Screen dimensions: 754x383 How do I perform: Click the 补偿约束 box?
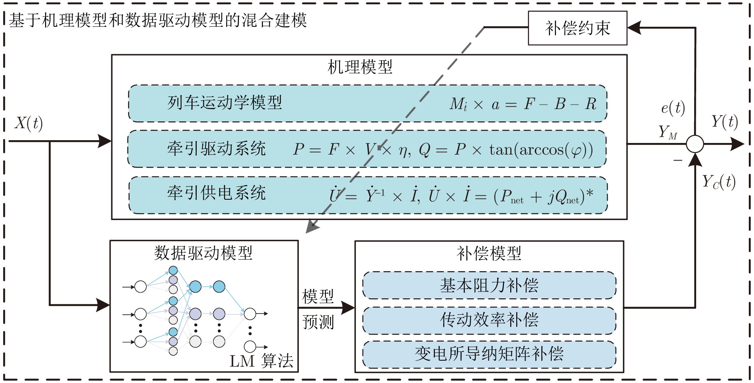point(577,28)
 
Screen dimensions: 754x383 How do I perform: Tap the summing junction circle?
point(695,144)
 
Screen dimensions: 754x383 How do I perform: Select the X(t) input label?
point(29,123)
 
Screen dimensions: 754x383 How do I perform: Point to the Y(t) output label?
point(724,121)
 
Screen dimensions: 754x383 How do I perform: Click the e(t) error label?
point(673,108)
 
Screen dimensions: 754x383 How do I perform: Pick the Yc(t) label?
point(718,182)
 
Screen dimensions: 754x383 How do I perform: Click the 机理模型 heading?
point(360,67)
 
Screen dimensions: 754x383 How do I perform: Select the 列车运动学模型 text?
point(225,103)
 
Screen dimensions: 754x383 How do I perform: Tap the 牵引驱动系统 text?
point(216,149)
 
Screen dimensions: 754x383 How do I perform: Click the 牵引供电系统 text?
point(216,193)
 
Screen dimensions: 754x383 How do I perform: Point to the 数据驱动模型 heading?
point(203,253)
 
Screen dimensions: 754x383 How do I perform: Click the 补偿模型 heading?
point(489,253)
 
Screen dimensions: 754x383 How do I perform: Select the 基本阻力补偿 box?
point(489,285)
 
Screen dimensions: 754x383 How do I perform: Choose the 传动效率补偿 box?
point(489,320)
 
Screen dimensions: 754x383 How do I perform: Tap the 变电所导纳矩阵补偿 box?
point(489,354)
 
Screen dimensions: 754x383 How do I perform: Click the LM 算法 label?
point(261,361)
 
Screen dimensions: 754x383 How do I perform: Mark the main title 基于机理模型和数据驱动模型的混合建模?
point(158,20)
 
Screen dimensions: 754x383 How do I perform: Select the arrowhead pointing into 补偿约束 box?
point(634,28)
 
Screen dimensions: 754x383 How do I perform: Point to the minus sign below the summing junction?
point(678,161)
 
